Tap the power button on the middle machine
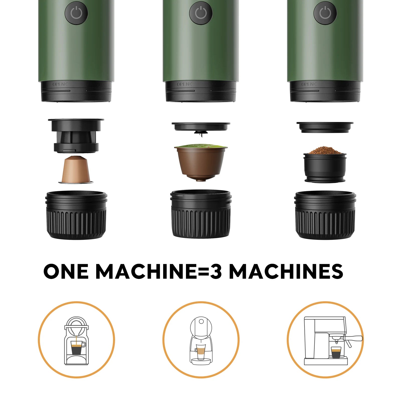point(201,13)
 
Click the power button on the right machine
point(325,13)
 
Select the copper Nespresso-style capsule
point(76,169)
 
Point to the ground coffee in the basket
point(325,150)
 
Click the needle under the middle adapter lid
point(201,136)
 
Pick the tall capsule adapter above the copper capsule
point(76,135)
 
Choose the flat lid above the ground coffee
point(325,127)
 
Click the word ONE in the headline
point(66,271)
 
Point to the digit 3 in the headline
point(216,271)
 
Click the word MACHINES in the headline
point(286,271)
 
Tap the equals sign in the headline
point(203,271)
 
